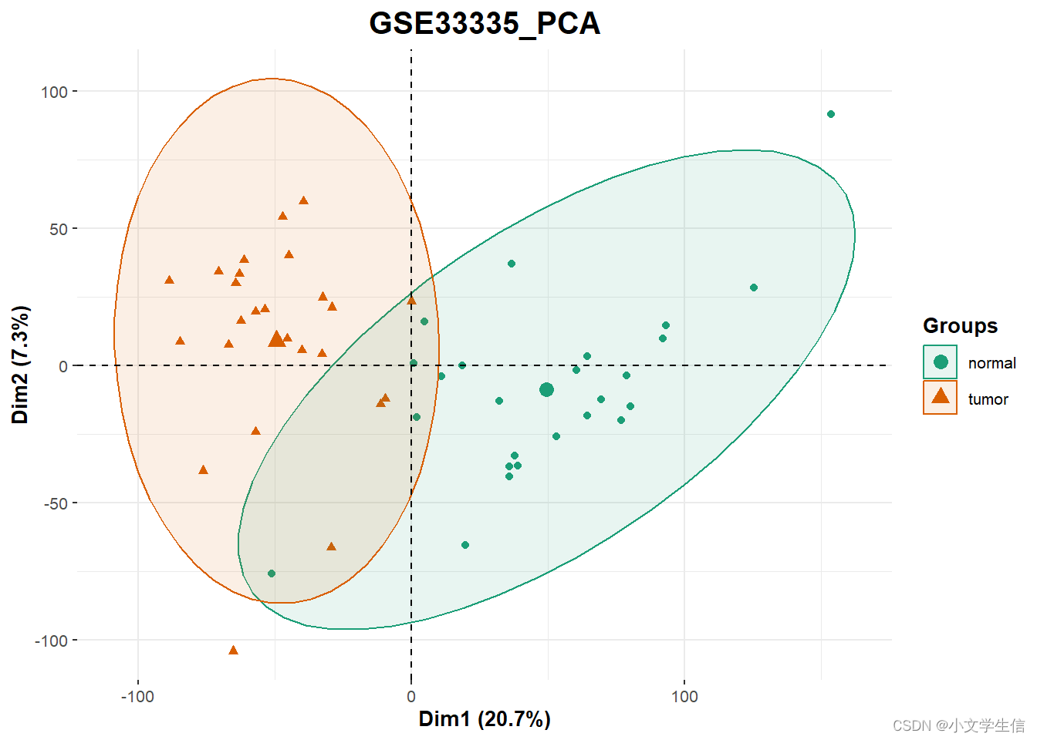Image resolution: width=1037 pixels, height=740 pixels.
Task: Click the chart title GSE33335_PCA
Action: (485, 23)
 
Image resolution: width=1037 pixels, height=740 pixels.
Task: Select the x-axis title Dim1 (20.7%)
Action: (485, 718)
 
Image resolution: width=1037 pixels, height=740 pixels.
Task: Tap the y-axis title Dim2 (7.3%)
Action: (20, 365)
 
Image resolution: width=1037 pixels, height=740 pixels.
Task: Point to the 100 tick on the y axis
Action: (54, 92)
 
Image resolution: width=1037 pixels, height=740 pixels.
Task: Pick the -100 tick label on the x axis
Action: (137, 697)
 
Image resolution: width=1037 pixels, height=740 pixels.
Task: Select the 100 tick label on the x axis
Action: (684, 697)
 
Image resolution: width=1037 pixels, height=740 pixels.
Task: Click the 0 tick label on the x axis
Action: (411, 697)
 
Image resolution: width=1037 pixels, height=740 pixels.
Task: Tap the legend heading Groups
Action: (960, 326)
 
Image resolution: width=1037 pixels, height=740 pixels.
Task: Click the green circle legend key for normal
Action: (940, 362)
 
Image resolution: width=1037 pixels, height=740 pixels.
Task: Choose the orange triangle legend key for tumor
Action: (940, 397)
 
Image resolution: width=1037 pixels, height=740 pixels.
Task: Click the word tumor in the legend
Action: (988, 399)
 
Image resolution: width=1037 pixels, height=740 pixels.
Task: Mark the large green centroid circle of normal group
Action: (546, 390)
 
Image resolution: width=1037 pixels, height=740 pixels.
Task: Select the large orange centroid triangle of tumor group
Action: (276, 339)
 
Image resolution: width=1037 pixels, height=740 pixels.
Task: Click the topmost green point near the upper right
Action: (831, 114)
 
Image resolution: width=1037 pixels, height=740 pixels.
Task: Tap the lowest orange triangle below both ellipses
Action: (233, 651)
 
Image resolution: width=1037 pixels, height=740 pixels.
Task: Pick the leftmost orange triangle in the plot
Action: (169, 280)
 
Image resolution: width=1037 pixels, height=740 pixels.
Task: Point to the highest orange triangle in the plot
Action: (303, 201)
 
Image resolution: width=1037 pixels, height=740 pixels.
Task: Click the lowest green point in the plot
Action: (271, 573)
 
